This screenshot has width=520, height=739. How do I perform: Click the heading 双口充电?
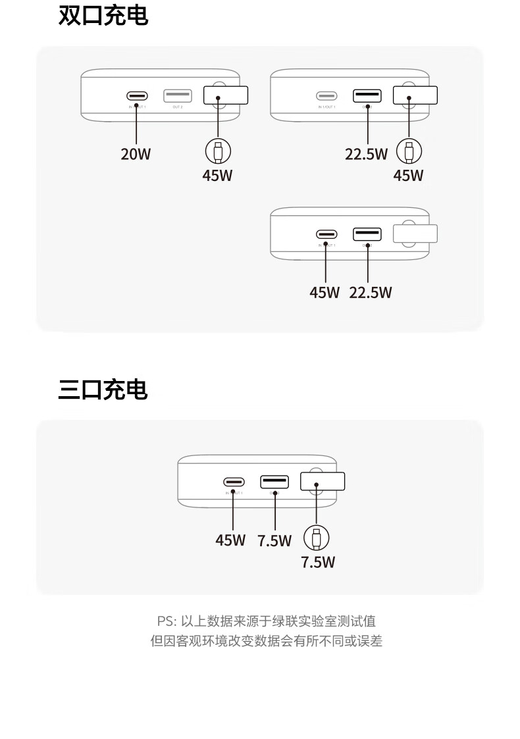point(103,16)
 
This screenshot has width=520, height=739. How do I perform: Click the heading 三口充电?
point(103,390)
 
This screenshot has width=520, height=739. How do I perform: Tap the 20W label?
point(136,155)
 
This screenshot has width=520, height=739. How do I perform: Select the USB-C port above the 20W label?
point(137,96)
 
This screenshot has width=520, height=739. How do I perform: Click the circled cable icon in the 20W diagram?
point(218,151)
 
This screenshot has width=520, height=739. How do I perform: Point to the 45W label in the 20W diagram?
point(218,176)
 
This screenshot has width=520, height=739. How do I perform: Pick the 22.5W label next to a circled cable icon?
point(367,155)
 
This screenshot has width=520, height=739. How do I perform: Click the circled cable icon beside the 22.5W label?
point(409,151)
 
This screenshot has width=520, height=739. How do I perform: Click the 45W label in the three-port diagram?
point(230,540)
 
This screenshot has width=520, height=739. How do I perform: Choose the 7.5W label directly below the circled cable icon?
point(318,563)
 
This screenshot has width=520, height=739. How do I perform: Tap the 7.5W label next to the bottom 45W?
point(274,541)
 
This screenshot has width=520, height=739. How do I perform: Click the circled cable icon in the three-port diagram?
point(316,538)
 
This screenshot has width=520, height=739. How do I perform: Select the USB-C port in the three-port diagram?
point(234,482)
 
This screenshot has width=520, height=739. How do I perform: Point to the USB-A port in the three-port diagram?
point(274,482)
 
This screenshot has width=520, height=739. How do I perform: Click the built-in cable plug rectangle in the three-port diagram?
point(323,482)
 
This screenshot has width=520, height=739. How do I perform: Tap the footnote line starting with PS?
point(266,621)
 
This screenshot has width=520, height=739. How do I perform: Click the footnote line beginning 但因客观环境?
point(266,640)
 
